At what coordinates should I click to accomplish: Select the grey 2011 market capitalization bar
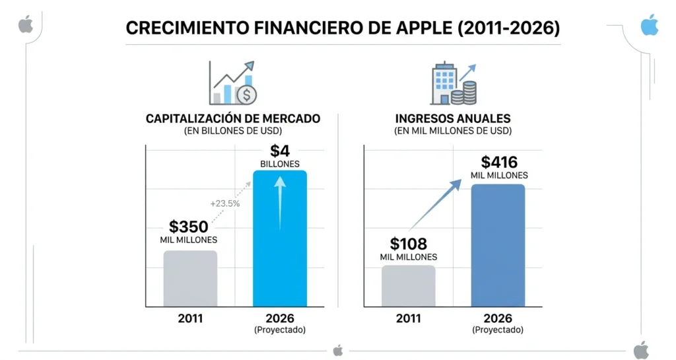(x=190, y=278)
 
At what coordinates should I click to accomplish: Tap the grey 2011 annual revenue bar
(x=408, y=285)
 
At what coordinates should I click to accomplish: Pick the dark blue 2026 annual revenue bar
(x=498, y=245)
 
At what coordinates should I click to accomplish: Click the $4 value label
(x=280, y=151)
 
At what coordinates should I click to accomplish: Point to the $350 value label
(x=189, y=227)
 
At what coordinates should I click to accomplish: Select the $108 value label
(x=408, y=243)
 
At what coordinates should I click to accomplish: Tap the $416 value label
(x=499, y=162)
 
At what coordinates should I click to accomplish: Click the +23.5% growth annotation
(x=225, y=203)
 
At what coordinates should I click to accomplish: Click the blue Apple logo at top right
(x=650, y=25)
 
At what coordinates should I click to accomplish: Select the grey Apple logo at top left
(x=26, y=25)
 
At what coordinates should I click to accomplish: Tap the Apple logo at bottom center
(x=338, y=350)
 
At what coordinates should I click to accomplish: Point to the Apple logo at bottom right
(x=641, y=350)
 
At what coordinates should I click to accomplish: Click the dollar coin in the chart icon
(x=247, y=95)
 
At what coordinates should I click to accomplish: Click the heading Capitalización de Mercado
(x=233, y=119)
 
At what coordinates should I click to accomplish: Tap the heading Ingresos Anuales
(x=453, y=119)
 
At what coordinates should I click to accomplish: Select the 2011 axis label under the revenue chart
(x=408, y=318)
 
